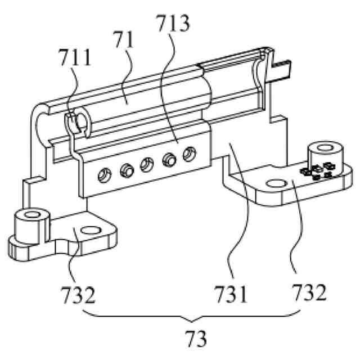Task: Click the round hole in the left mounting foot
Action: [x=89, y=231]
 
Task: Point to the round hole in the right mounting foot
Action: [x=275, y=183]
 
